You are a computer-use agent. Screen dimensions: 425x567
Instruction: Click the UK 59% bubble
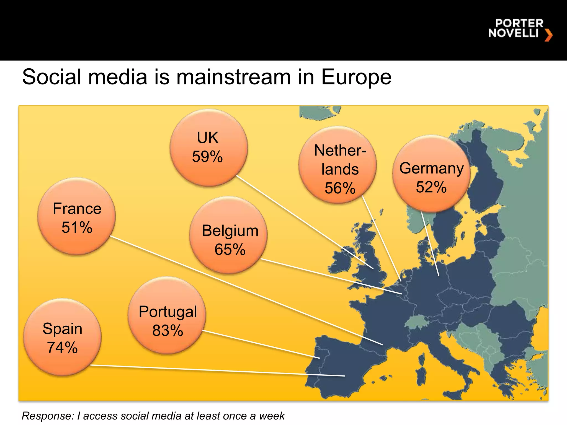pyautogui.click(x=208, y=147)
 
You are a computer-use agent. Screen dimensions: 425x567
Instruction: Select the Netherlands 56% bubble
pyautogui.click(x=337, y=165)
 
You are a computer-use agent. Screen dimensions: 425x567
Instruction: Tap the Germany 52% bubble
pyautogui.click(x=431, y=174)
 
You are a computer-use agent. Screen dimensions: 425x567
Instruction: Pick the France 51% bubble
pyautogui.click(x=76, y=216)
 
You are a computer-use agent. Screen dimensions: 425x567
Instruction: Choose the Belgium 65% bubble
pyautogui.click(x=228, y=235)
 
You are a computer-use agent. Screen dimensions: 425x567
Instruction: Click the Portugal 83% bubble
pyautogui.click(x=167, y=315)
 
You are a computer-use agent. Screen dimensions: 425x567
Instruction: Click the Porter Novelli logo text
pyautogui.click(x=516, y=28)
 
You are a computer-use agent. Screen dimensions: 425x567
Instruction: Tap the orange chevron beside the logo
pyautogui.click(x=548, y=35)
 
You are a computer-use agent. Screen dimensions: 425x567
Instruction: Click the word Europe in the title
pyautogui.click(x=356, y=77)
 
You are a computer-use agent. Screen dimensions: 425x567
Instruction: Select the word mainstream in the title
pyautogui.click(x=233, y=77)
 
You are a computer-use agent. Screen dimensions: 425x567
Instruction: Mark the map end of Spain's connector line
pyautogui.click(x=344, y=376)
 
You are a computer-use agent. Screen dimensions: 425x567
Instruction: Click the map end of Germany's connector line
pyautogui.click(x=439, y=276)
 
